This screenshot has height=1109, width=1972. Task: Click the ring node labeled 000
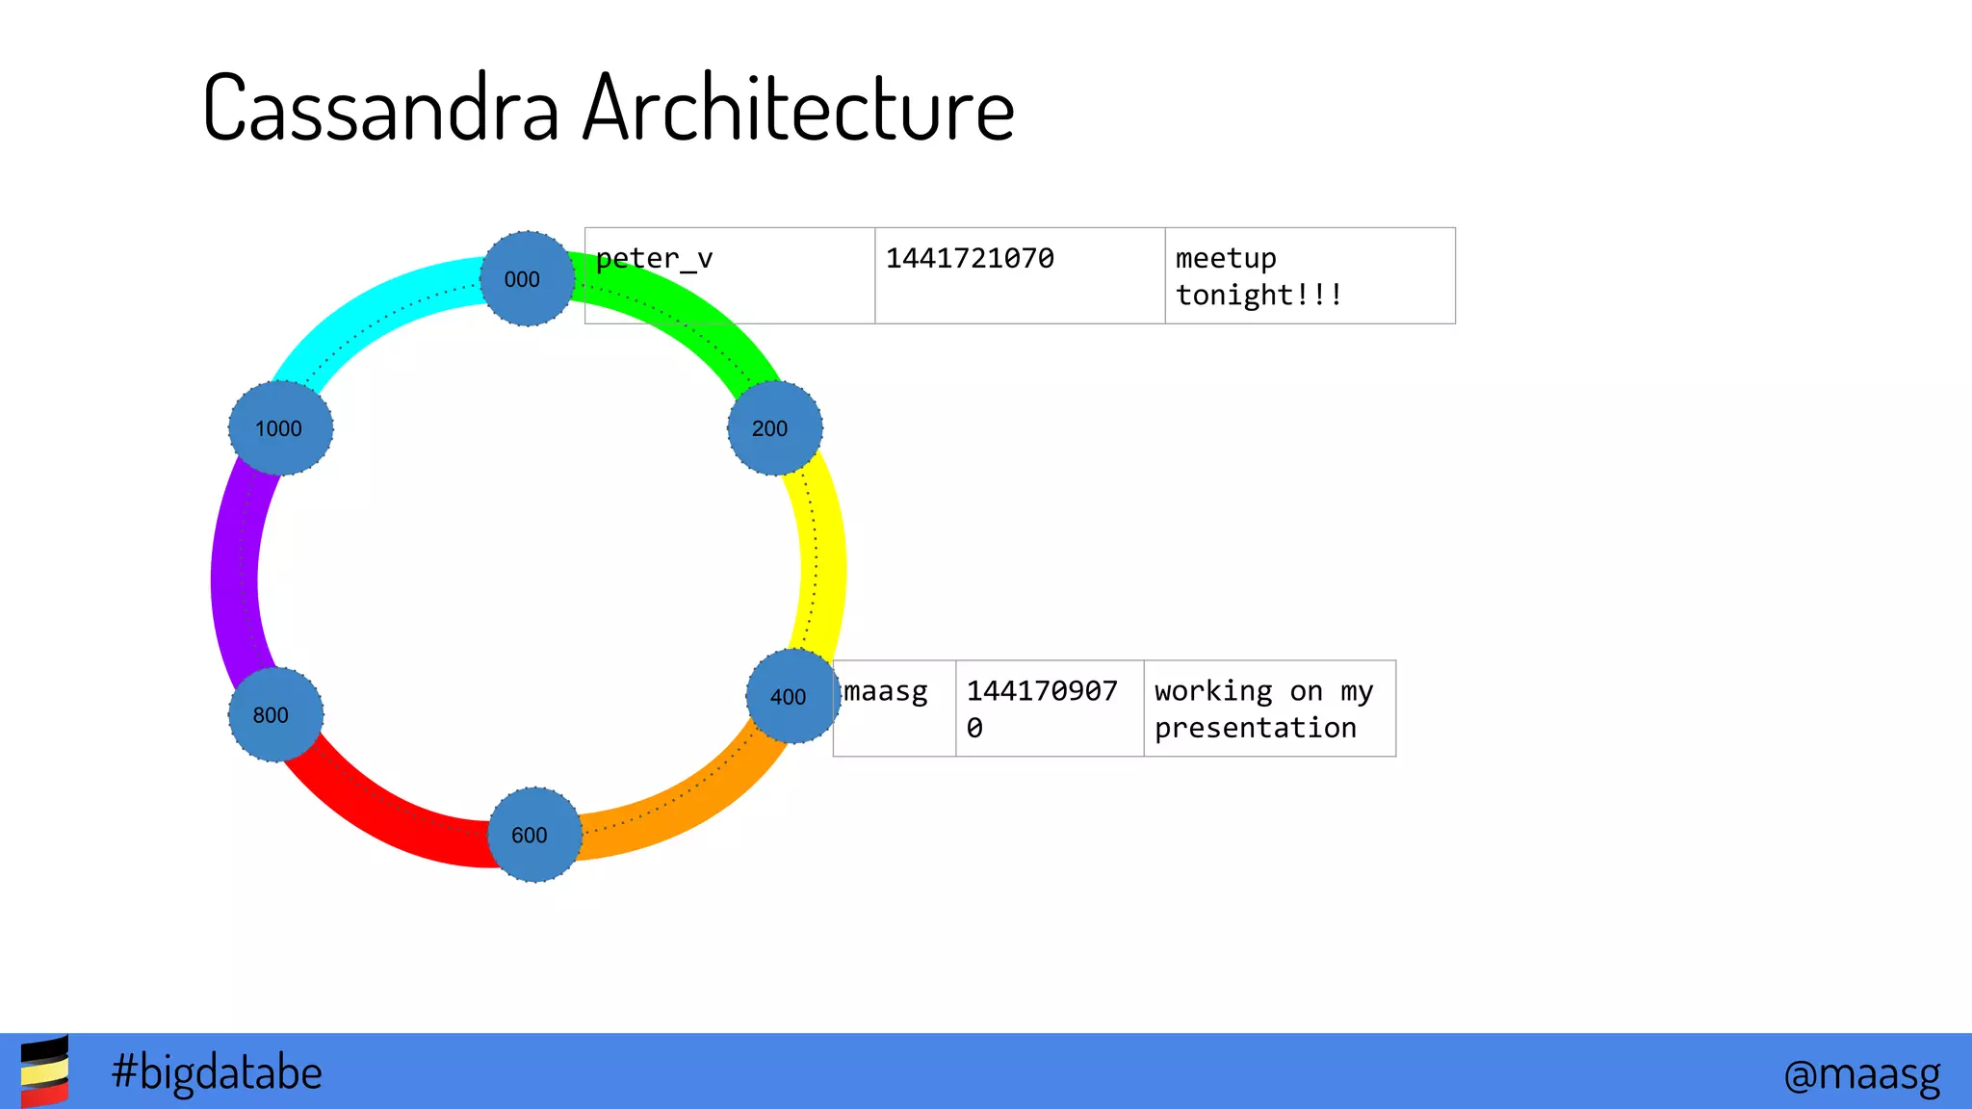point(527,278)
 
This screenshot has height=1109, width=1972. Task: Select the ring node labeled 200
point(774,427)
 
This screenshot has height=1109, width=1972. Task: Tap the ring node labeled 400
point(792,696)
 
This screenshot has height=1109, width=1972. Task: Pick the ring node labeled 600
point(534,835)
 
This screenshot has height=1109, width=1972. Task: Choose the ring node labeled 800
point(275,714)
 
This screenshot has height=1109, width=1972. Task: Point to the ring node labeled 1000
point(280,427)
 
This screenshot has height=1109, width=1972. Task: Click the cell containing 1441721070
point(1019,275)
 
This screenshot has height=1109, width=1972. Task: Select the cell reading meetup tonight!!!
point(1310,275)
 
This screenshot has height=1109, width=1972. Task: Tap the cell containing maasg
point(895,708)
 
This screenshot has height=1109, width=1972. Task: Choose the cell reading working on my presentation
point(1269,709)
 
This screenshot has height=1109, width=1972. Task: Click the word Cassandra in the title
point(381,108)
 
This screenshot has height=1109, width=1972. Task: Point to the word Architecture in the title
point(798,108)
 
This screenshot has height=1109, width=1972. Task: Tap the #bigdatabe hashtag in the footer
point(217,1072)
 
